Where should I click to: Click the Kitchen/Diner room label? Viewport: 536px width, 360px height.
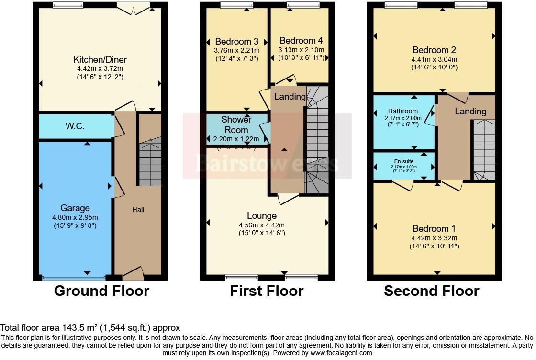point(100,60)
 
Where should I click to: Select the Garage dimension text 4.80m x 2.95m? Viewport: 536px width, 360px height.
point(75,217)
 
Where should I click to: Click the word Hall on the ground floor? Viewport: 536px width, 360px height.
point(138,210)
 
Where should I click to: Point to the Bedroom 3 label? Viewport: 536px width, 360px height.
point(237,41)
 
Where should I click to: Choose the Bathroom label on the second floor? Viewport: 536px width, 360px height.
point(403,111)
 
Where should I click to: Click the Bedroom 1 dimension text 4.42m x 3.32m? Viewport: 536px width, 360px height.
point(434,238)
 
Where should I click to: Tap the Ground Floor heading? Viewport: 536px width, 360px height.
point(101,291)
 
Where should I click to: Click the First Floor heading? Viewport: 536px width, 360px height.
point(267,291)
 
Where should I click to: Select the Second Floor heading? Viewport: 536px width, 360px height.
point(431,291)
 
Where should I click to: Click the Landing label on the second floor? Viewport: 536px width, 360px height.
point(470,112)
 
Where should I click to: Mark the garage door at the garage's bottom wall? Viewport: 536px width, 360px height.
point(74,277)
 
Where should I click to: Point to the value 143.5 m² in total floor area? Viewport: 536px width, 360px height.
point(77,328)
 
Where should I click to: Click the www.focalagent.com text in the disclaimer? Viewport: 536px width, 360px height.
point(341,353)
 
